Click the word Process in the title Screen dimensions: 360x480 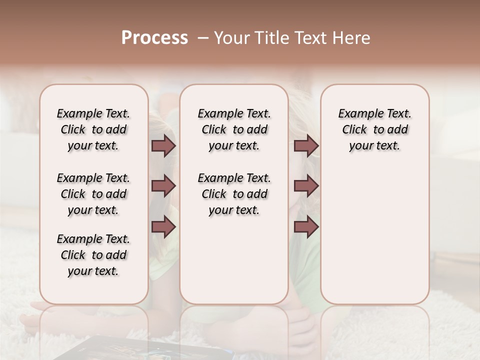click(154, 38)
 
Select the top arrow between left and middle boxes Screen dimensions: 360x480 click(163, 146)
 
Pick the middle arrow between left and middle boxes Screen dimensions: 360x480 click(163, 186)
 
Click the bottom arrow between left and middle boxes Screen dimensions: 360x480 click(163, 227)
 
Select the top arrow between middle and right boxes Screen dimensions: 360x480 click(306, 146)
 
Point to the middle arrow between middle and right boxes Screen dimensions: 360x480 click(306, 186)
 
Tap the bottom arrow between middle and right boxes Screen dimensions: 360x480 click(306, 227)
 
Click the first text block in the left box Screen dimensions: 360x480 click(93, 129)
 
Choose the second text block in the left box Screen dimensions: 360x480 click(93, 194)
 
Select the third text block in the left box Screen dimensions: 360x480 click(93, 255)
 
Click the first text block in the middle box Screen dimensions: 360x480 click(234, 129)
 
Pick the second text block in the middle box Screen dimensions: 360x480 click(234, 194)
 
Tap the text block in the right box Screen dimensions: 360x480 click(374, 129)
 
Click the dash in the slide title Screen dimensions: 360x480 click(202, 38)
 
